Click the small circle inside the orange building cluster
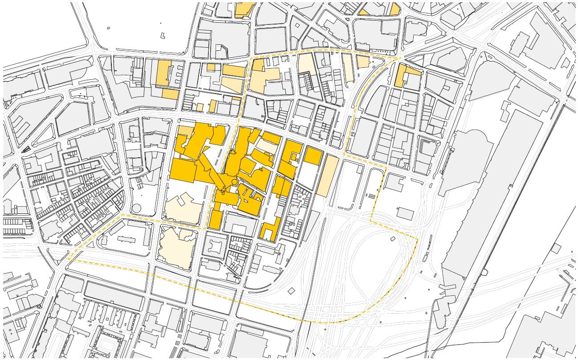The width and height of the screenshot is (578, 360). [x=234, y=183]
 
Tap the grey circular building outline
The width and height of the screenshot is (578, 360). [x=136, y=208]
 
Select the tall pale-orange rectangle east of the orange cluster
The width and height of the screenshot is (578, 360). [x=327, y=176]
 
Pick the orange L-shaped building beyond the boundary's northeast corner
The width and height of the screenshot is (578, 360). [x=403, y=75]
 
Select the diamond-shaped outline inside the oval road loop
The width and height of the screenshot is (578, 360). [x=393, y=239]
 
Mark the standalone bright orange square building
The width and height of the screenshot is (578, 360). [x=313, y=156]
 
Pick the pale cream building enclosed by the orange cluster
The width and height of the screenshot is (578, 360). [x=267, y=146]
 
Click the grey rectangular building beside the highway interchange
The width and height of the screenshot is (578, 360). [x=405, y=213]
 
